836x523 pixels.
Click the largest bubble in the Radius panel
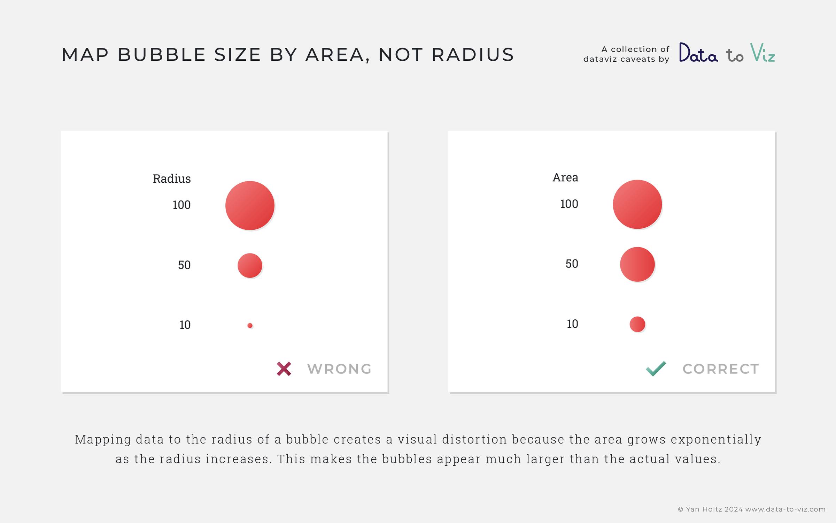[x=250, y=205]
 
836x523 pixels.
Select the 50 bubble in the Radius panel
[x=250, y=266]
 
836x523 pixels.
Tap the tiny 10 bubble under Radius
[x=250, y=326]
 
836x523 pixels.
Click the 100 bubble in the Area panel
[x=637, y=204]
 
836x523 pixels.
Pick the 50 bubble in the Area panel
[x=637, y=264]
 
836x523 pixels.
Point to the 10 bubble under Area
[x=637, y=324]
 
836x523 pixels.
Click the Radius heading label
[x=172, y=179]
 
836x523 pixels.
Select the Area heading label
[x=565, y=177]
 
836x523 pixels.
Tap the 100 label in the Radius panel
[x=181, y=205]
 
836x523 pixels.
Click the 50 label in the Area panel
[x=572, y=264]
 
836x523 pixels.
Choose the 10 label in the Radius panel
[x=185, y=325]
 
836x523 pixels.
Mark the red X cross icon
[x=284, y=369]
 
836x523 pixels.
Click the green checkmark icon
[x=656, y=369]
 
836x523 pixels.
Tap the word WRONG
[x=339, y=369]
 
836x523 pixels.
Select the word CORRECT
[x=721, y=369]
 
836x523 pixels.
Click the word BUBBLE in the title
[x=162, y=55]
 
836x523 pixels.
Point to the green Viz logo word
[x=763, y=53]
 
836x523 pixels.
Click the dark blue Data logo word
[x=698, y=52]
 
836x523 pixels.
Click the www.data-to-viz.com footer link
[x=785, y=509]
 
